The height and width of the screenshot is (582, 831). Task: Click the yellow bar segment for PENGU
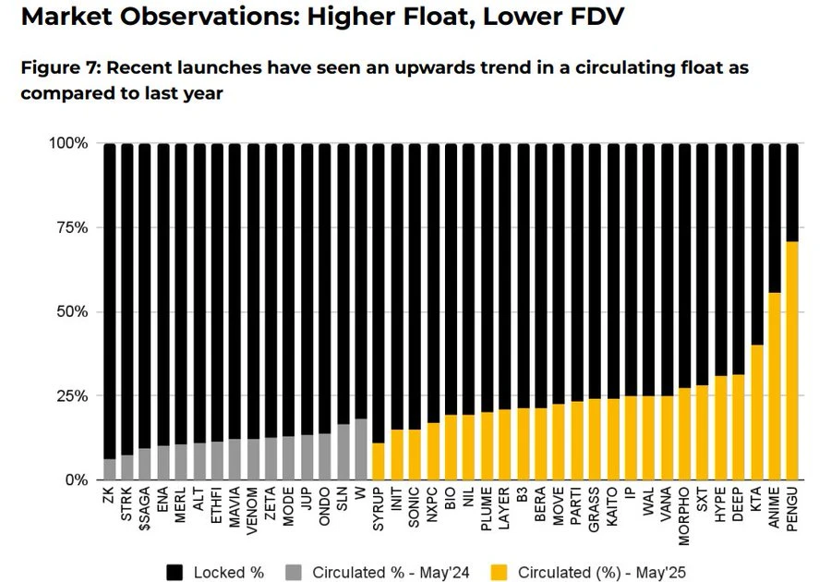pos(791,360)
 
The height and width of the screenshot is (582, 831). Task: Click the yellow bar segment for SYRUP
pos(378,461)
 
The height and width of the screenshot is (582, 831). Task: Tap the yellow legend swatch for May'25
pos(500,572)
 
